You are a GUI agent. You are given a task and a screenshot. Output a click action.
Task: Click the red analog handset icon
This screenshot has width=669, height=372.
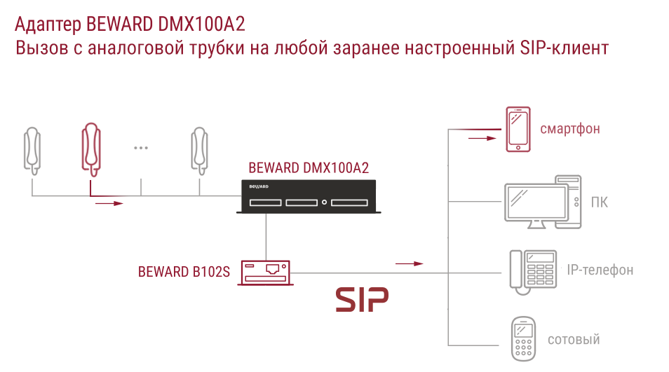pos(91,149)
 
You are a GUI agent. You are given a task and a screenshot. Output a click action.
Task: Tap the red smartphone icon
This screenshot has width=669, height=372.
pos(518,129)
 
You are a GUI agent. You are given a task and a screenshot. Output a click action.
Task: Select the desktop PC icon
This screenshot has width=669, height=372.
pos(543,202)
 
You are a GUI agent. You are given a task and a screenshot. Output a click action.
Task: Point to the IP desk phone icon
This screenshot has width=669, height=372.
pos(533,272)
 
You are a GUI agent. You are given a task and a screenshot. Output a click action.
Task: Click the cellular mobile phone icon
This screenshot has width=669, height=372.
pos(523,339)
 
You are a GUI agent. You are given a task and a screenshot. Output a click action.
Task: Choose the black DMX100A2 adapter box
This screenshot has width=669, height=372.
pos(309,196)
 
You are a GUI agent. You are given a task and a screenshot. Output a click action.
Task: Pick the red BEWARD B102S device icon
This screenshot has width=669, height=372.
pos(265,273)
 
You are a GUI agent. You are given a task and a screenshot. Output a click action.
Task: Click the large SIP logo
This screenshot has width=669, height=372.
pos(362,299)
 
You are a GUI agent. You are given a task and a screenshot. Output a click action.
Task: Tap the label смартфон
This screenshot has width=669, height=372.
pos(570,129)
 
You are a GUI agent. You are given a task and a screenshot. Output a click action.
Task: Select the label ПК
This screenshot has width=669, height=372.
pos(599,202)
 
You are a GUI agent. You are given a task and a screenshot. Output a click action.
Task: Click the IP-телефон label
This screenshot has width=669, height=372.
pos(600,270)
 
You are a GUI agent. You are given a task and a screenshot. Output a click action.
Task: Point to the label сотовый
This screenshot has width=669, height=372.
pos(574,340)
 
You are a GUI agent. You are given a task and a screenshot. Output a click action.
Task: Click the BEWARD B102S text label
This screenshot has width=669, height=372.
pos(184,272)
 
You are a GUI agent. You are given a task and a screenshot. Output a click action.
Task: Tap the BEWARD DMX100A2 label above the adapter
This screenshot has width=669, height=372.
pos(309,168)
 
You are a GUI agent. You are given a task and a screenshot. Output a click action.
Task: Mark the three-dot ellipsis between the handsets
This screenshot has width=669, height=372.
pos(141,148)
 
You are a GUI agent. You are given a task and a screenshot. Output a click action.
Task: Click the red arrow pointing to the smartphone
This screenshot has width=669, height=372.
pos(482,138)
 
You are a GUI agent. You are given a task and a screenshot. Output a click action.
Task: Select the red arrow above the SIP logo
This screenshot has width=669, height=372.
pos(409,264)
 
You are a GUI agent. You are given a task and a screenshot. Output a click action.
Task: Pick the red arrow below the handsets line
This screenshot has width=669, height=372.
pos(109,204)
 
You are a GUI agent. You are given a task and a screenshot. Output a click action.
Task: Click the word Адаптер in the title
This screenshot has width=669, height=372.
pos(48,25)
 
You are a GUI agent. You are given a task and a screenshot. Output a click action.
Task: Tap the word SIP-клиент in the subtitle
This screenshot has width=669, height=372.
pos(564,48)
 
